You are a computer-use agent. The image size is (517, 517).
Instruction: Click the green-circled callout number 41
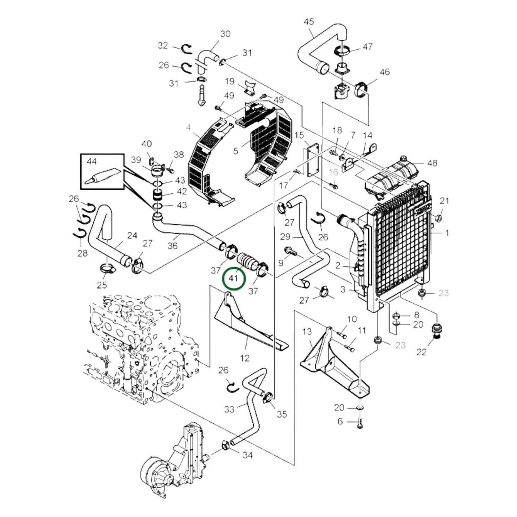[x=234, y=278]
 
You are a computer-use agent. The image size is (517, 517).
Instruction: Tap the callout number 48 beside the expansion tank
[x=432, y=163]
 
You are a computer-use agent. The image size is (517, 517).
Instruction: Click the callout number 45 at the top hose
[x=308, y=22]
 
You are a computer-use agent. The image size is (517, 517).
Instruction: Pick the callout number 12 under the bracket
[x=245, y=358]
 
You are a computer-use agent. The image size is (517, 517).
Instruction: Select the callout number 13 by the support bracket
[x=307, y=332]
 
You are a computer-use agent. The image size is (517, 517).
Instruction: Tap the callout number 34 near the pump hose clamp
[x=248, y=455]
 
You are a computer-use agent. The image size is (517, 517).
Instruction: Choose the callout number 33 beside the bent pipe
[x=229, y=409]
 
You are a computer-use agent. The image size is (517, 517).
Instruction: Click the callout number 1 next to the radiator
[x=447, y=233]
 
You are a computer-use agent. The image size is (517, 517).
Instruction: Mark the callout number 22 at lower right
[x=421, y=352]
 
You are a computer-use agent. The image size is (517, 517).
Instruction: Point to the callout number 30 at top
[x=225, y=34]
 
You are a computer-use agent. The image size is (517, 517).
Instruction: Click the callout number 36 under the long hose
[x=172, y=246]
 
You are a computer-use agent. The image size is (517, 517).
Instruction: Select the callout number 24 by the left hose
[x=132, y=235]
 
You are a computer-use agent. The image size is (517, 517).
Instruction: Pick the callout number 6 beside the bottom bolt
[x=340, y=421]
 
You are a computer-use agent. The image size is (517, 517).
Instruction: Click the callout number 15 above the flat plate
[x=299, y=135]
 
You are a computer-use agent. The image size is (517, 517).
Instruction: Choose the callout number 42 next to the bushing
[x=182, y=191]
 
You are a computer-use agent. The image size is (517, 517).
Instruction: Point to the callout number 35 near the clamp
[x=282, y=414]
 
